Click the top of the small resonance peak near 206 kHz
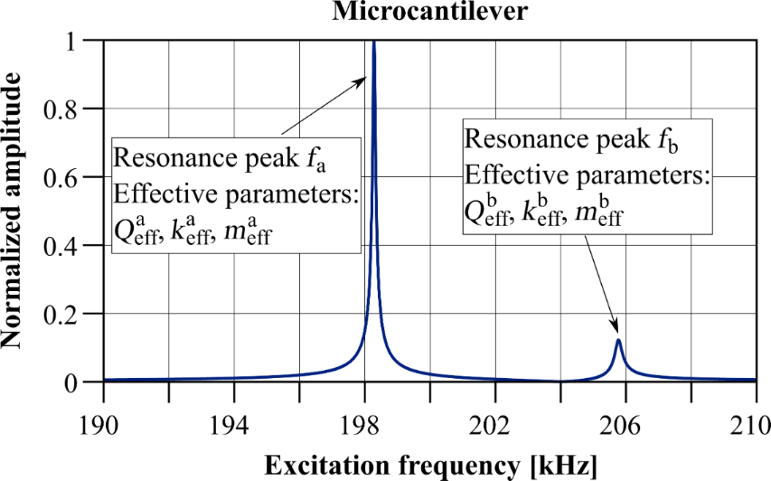click(618, 340)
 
